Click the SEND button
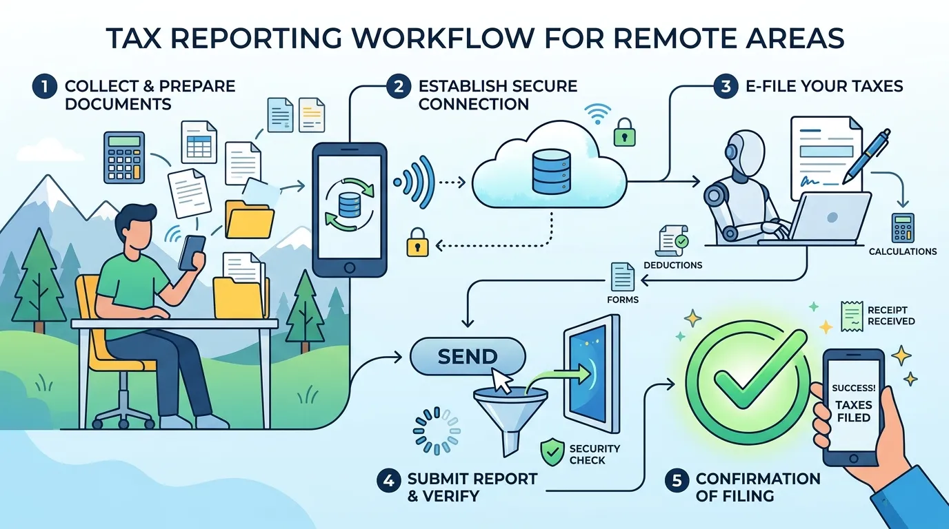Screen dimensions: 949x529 [468, 356]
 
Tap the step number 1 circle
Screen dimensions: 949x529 [44, 87]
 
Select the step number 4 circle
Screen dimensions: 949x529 [388, 481]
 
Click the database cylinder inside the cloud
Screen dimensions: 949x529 [550, 171]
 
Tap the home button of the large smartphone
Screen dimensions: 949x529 [350, 267]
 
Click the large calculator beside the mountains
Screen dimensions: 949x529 [124, 158]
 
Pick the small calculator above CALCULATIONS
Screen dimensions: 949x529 [903, 228]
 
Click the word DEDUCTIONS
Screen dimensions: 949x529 [672, 265]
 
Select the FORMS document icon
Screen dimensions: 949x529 [623, 277]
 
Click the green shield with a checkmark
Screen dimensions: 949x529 [552, 452]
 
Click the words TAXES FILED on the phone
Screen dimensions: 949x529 [854, 411]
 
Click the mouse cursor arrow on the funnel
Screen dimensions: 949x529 [502, 380]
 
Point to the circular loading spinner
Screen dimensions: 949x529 [437, 431]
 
